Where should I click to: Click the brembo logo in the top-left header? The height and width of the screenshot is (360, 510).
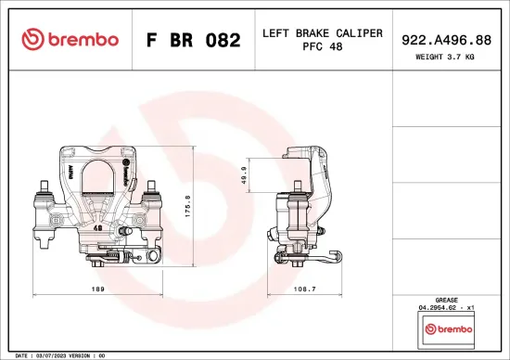pyautogui.click(x=70, y=39)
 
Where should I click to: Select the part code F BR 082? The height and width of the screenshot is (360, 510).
pyautogui.click(x=193, y=40)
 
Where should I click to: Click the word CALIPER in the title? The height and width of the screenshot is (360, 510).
pyautogui.click(x=356, y=33)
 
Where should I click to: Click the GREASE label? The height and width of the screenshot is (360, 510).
pyautogui.click(x=448, y=302)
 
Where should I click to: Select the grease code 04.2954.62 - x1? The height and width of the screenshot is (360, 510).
pyautogui.click(x=448, y=309)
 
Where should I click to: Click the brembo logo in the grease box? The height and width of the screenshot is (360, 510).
pyautogui.click(x=448, y=328)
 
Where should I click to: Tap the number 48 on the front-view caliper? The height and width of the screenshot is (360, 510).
pyautogui.click(x=98, y=225)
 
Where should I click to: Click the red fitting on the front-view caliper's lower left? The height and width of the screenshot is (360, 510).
pyautogui.click(x=95, y=264)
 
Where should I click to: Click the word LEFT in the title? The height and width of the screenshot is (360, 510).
pyautogui.click(x=276, y=33)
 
